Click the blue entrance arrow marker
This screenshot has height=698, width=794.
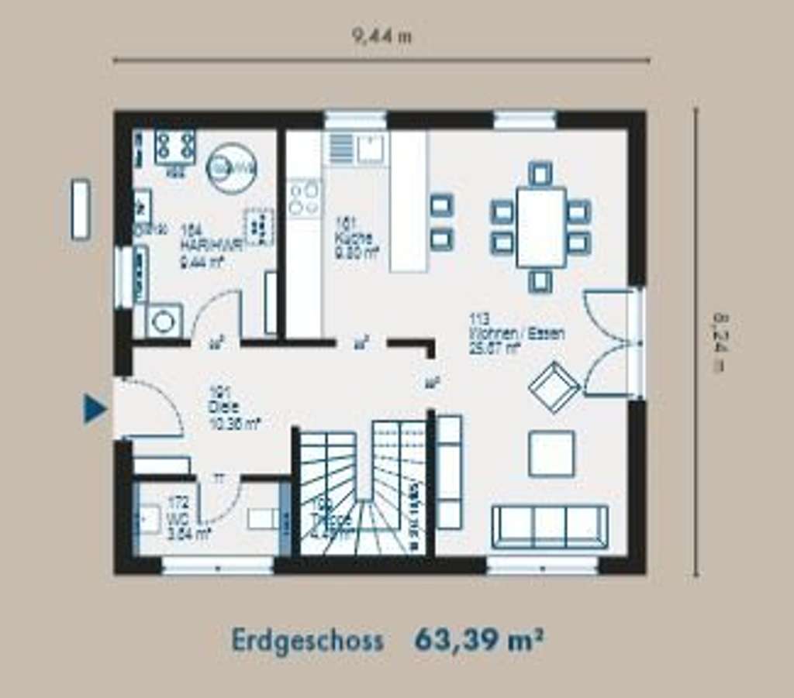[95, 409]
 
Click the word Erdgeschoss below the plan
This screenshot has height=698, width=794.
[307, 641]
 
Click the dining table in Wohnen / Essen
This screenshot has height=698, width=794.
[540, 227]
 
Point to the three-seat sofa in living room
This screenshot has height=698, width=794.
[550, 527]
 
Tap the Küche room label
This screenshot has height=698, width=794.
[355, 238]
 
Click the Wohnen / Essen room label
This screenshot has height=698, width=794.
[516, 334]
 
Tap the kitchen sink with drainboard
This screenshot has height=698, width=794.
[357, 148]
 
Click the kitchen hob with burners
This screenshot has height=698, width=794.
[304, 198]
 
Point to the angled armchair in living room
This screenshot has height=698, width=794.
[554, 386]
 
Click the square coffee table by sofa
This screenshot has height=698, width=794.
[551, 453]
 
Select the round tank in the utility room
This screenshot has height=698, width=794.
[231, 167]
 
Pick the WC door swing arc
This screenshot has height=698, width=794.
[219, 501]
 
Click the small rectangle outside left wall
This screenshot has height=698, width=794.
[81, 209]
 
